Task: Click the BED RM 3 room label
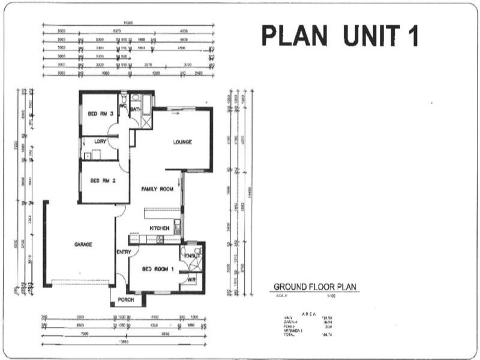tap(101, 114)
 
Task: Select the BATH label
tap(136, 109)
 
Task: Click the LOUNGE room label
tap(182, 142)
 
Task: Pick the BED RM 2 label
tap(102, 180)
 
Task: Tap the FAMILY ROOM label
tap(157, 189)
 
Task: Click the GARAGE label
tap(83, 244)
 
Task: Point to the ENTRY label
tap(124, 252)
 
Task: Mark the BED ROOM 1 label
tap(158, 269)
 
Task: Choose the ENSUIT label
tap(193, 255)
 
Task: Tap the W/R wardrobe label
tap(191, 280)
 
